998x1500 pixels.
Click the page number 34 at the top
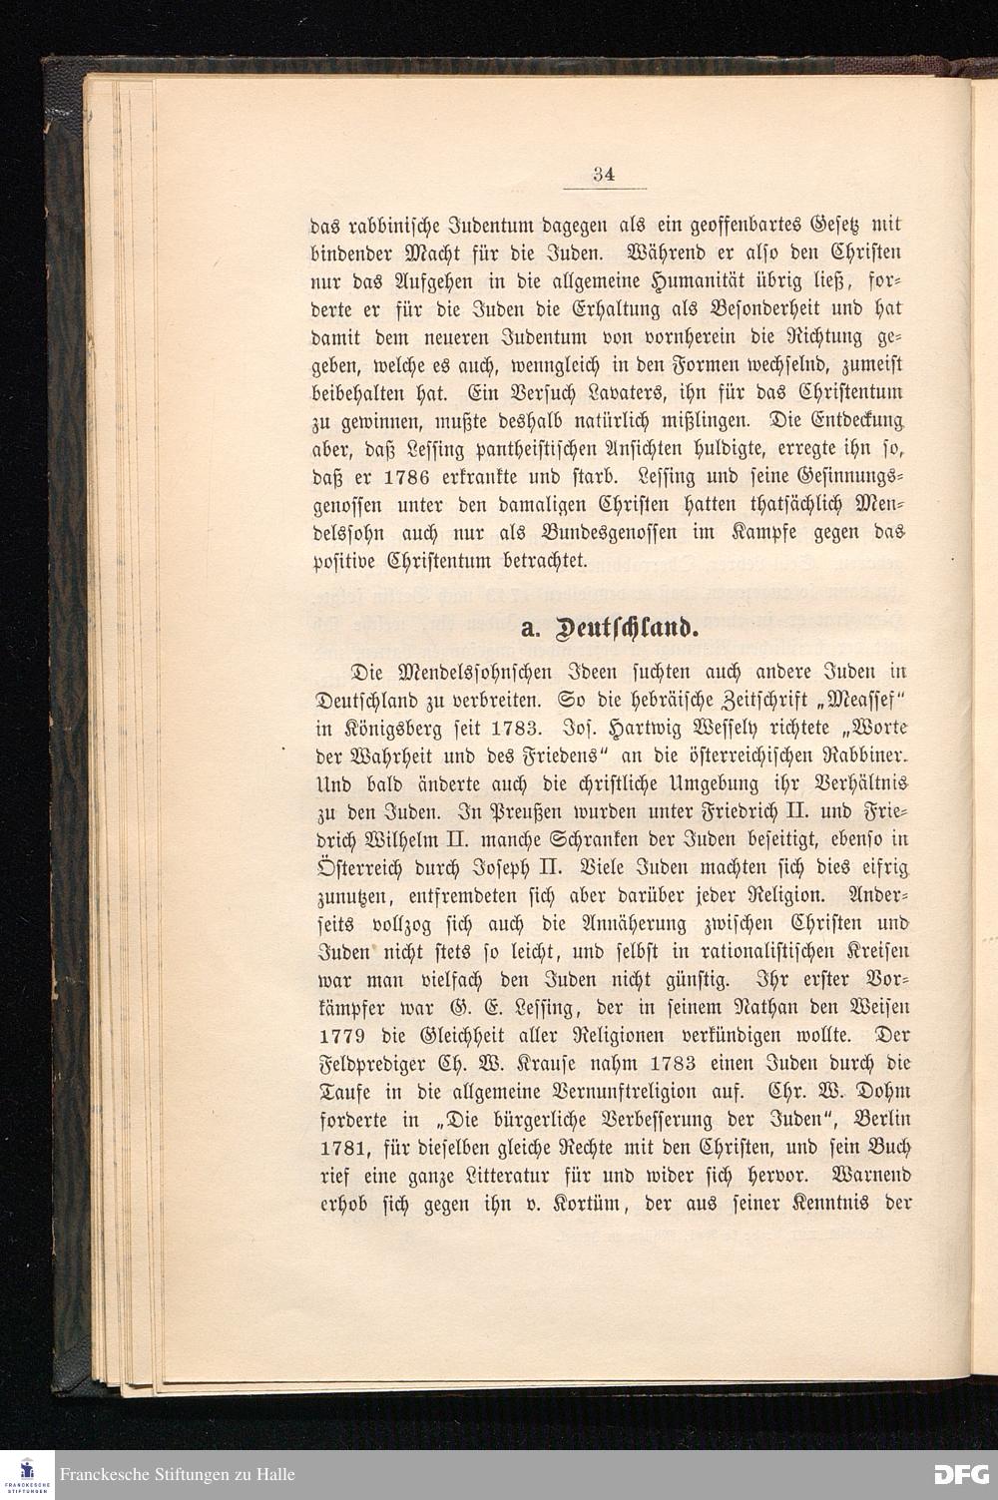[x=603, y=174]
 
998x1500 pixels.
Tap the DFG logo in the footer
[x=960, y=1474]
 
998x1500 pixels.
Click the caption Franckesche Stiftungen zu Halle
[x=177, y=1474]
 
